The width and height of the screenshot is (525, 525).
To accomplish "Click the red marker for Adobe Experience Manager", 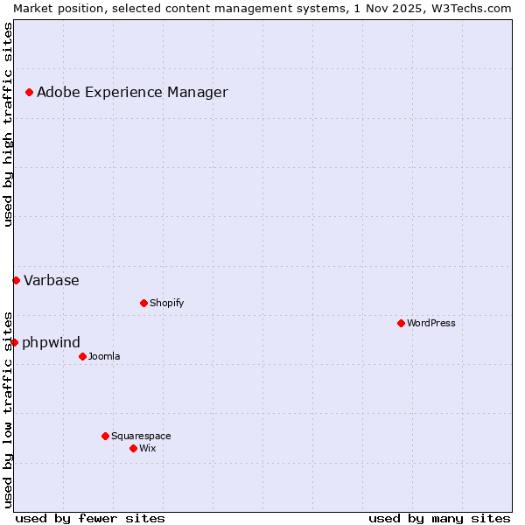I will click(29, 92).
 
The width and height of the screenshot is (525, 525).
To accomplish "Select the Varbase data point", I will click(16, 280).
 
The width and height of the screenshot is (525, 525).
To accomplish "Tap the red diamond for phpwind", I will click(14, 342).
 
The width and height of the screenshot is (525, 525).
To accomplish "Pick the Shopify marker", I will click(143, 303).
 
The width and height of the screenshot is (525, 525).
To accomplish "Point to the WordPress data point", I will click(401, 323).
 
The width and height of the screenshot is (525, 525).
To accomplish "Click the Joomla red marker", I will click(82, 356).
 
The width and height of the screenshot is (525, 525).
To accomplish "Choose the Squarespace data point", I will click(105, 436).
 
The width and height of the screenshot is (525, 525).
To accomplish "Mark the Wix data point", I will click(133, 448).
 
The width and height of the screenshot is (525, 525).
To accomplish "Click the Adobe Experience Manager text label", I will click(132, 92).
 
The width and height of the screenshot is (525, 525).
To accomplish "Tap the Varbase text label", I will click(52, 280).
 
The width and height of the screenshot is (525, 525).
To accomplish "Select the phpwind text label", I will click(51, 342).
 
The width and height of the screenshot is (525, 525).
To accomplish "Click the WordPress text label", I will click(431, 323).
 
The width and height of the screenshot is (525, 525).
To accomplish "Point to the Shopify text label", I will click(166, 303).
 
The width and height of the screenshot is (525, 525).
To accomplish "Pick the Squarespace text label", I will click(141, 436).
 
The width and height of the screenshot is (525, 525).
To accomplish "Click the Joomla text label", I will click(104, 356).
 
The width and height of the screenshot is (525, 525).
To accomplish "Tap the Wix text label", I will click(147, 448).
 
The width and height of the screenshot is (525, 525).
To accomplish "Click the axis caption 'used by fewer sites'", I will click(90, 518).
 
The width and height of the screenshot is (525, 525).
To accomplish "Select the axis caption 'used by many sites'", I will click(439, 518).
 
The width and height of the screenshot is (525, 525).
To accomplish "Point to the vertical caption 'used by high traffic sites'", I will click(8, 124).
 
